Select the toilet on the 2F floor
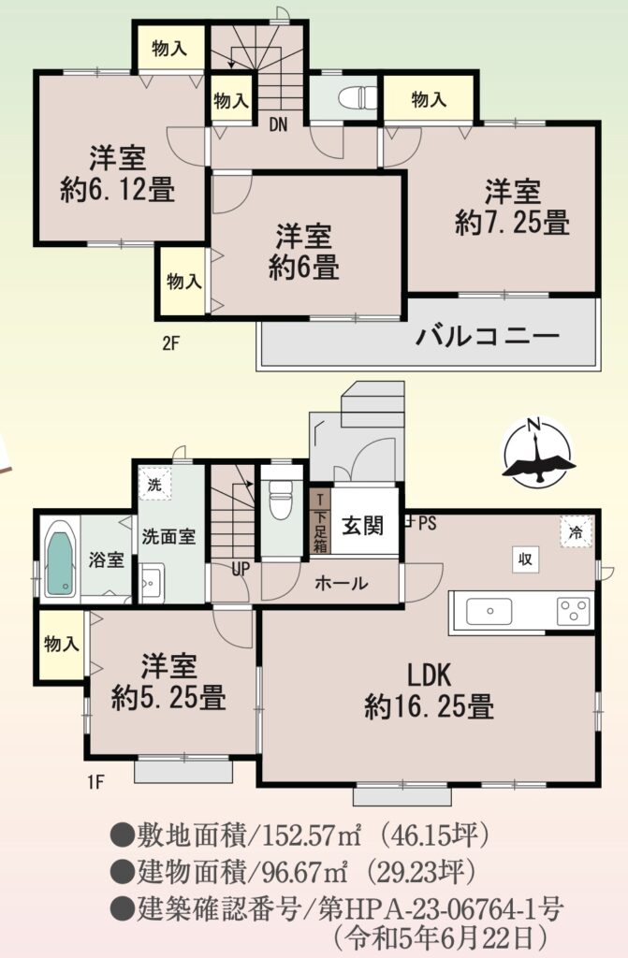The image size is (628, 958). (358, 97)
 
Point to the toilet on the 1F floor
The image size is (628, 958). (282, 499)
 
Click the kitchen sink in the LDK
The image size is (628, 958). (489, 612)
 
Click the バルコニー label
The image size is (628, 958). (488, 336)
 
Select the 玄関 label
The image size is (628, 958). (362, 525)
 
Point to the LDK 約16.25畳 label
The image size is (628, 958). (430, 691)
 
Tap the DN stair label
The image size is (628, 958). (278, 125)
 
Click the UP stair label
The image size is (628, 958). (241, 569)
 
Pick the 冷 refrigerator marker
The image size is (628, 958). (576, 532)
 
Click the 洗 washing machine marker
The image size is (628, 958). (154, 485)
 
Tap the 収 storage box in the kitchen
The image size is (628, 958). (526, 559)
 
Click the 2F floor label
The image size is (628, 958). (170, 343)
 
